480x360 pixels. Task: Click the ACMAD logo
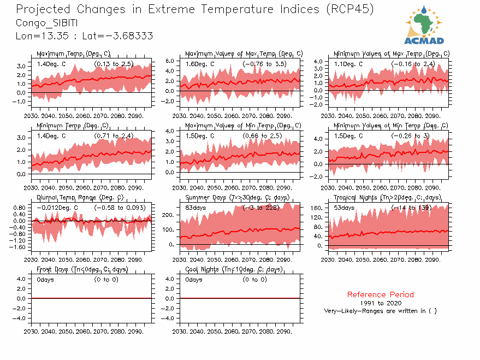pos(424,25)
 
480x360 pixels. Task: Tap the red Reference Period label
pos(381,294)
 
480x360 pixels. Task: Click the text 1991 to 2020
pos(381,303)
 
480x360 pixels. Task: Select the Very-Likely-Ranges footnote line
pos(380,311)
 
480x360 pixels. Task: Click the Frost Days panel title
pos(82,269)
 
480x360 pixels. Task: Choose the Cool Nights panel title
pos(234,269)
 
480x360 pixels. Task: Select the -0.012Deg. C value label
pos(57,208)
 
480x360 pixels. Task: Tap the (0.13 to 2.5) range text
pos(114,64)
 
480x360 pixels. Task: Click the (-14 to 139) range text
pos(413,208)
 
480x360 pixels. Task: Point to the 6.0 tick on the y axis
pos(169,61)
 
